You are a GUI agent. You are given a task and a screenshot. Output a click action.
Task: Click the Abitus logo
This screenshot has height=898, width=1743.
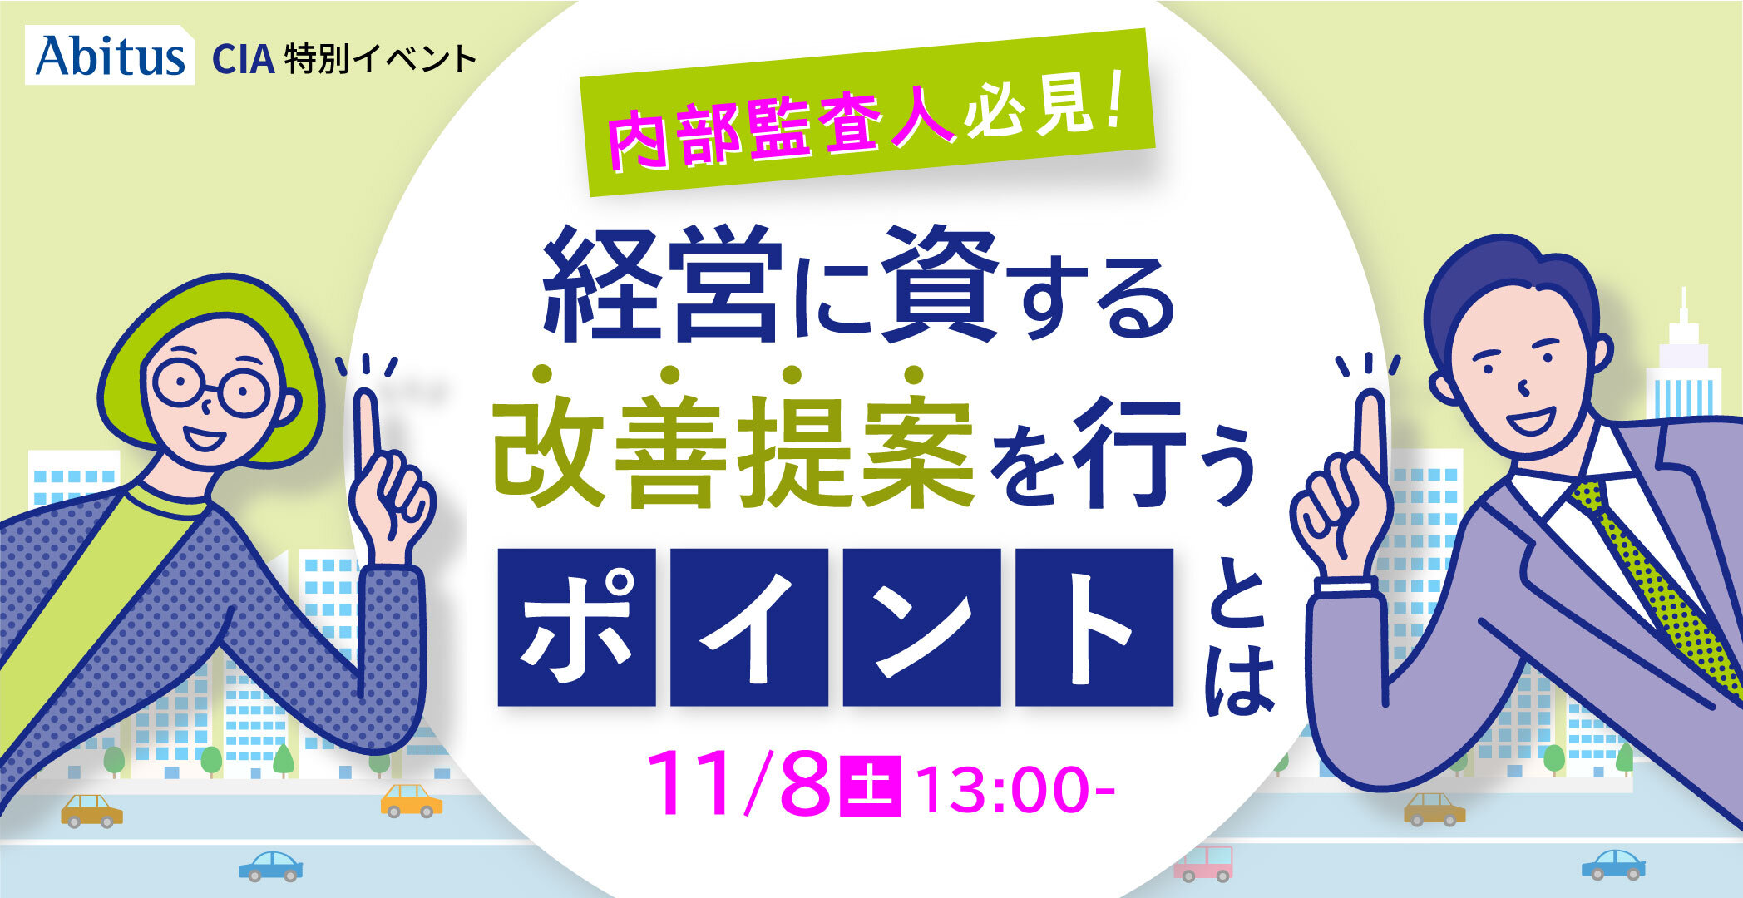(x=110, y=56)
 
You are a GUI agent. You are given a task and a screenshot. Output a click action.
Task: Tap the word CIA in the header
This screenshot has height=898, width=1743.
(x=244, y=59)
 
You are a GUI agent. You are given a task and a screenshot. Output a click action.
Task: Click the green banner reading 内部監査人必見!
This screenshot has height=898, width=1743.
(x=867, y=112)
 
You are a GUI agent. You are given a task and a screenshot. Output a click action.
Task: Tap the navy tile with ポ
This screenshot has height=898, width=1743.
(x=576, y=627)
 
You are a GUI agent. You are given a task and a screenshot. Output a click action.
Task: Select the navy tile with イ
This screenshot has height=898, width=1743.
(x=749, y=627)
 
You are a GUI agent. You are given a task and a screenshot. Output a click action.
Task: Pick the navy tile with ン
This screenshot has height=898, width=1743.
(x=921, y=627)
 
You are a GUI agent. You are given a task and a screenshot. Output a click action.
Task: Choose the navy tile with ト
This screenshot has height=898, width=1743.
(x=1094, y=627)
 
